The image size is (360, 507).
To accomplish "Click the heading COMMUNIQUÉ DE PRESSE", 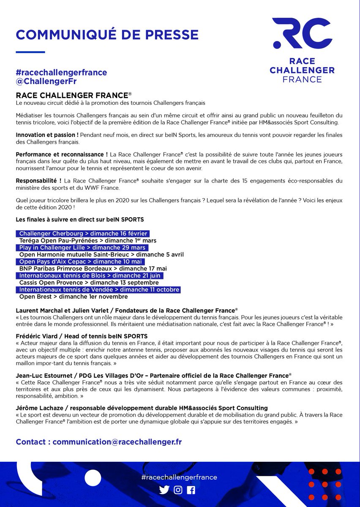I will [x=107, y=34].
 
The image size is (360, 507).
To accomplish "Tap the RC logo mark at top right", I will [x=302, y=33].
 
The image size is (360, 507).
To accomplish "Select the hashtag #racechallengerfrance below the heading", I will [x=61, y=72].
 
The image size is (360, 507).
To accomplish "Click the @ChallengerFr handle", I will [x=46, y=81].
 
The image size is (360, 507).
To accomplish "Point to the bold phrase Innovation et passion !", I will [x=47, y=134].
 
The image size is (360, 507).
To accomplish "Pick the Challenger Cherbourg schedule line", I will [x=83, y=234].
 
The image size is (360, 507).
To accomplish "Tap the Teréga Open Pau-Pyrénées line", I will [x=87, y=240].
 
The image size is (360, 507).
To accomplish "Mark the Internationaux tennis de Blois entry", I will [x=90, y=275].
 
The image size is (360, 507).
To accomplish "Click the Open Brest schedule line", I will [x=73, y=297].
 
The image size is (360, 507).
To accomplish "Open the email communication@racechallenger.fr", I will [x=117, y=442].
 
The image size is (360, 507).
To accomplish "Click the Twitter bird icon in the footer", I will [x=164, y=490].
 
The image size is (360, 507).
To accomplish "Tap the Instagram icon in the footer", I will [x=178, y=490].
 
